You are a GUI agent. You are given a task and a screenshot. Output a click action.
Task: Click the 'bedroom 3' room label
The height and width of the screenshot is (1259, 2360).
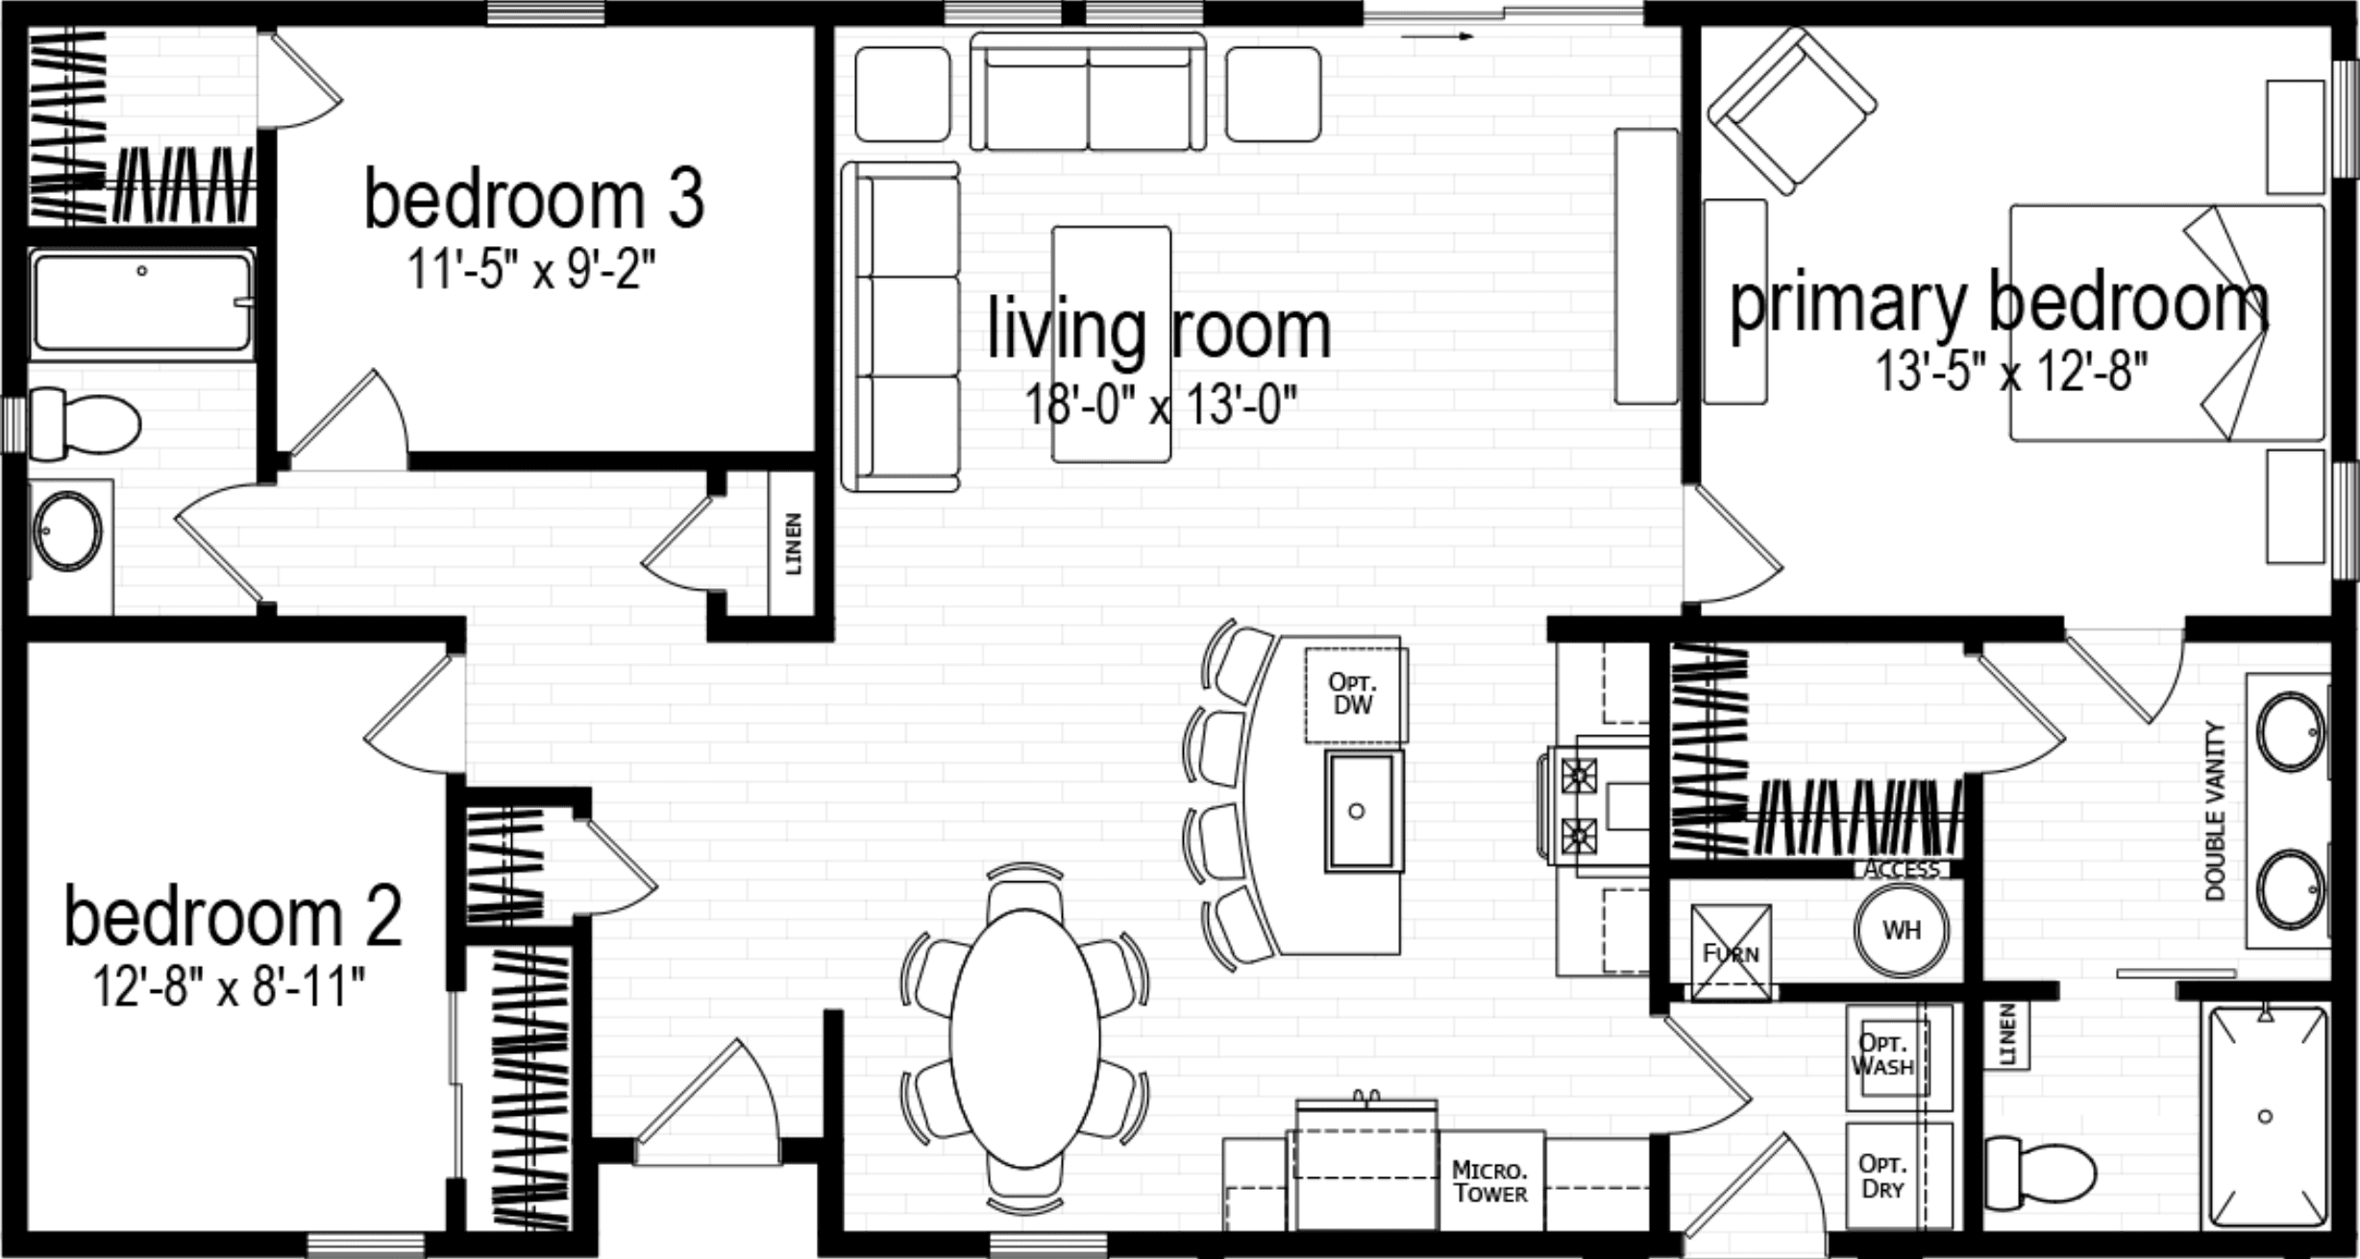[x=534, y=200]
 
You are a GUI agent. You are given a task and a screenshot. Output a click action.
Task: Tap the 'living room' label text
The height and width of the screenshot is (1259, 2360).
[x=1159, y=330]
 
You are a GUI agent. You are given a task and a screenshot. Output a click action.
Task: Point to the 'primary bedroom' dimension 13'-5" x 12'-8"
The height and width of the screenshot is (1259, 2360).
[x=2011, y=372]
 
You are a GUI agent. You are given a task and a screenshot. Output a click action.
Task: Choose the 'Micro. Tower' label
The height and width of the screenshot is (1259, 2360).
[x=1490, y=1182]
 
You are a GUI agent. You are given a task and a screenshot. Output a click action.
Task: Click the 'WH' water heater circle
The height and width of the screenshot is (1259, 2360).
[x=1901, y=930]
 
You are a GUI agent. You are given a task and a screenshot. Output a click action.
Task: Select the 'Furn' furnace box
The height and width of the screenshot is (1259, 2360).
[x=1731, y=952]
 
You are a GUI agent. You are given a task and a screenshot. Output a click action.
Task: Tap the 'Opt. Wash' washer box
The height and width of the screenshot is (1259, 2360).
[x=1885, y=1054]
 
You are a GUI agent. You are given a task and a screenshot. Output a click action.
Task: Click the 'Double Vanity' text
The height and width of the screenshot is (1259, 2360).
[x=2216, y=812]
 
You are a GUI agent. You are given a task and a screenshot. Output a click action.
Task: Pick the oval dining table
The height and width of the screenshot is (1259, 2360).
[x=1025, y=1036]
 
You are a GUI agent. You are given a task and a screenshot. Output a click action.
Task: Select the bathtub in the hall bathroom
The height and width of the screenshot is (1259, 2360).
[x=141, y=302]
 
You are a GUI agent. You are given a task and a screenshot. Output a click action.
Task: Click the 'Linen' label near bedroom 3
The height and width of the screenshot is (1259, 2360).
[x=794, y=544]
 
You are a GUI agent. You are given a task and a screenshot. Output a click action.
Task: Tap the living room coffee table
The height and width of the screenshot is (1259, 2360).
[x=1112, y=343]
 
